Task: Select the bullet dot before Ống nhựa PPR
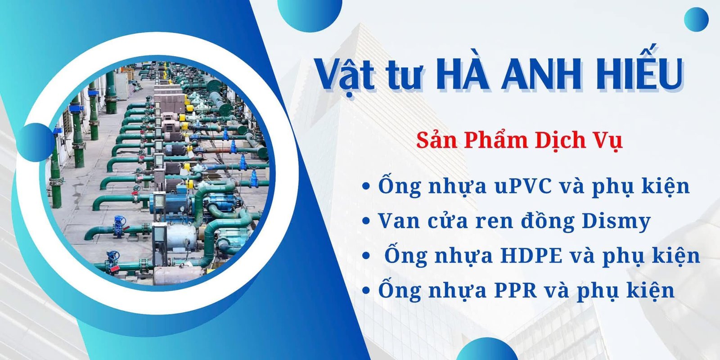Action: (x=366, y=291)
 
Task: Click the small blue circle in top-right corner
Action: (x=696, y=19)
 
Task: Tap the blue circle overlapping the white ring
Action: (x=36, y=142)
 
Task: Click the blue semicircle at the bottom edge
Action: (x=486, y=351)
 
